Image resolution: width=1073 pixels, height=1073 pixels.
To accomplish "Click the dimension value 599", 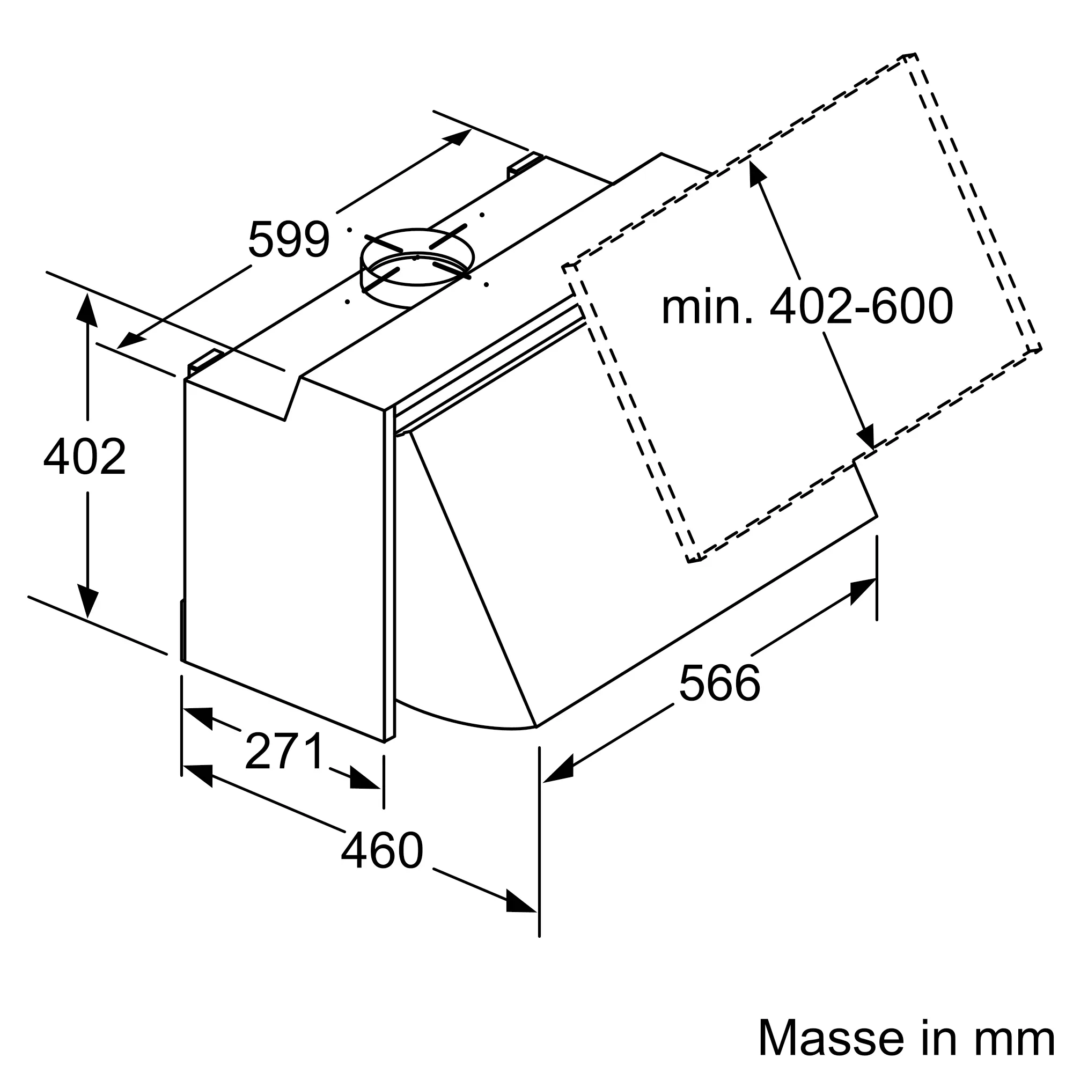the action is click(x=289, y=239).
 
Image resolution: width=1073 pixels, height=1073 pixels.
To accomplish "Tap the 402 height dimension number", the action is click(x=85, y=457).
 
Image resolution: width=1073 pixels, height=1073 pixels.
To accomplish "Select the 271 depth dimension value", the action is click(x=284, y=751).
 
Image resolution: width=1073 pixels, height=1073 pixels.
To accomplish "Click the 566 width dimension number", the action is click(x=719, y=682).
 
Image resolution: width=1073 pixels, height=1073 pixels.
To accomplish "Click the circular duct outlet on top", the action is click(x=416, y=267).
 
